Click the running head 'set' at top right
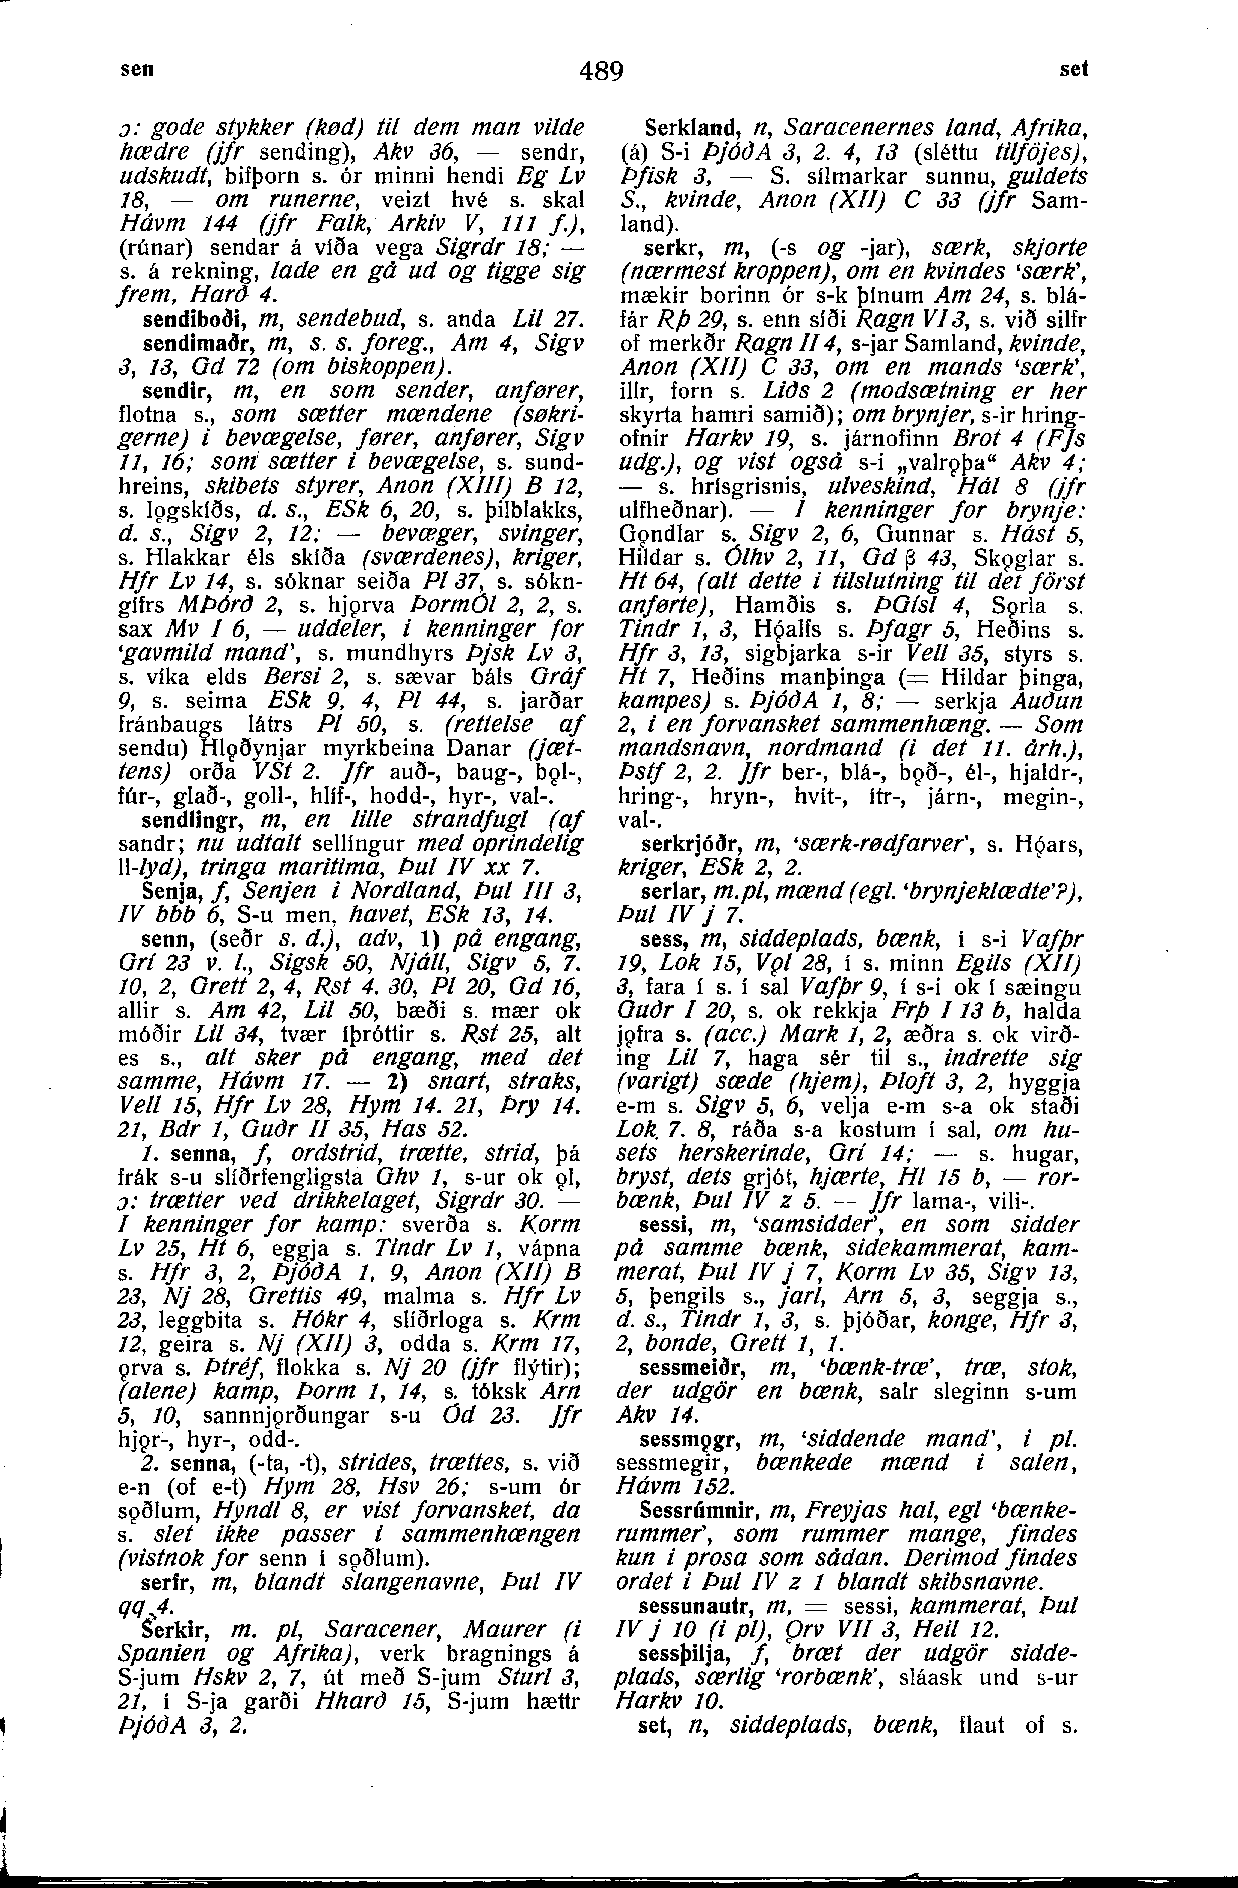tap(1074, 69)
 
